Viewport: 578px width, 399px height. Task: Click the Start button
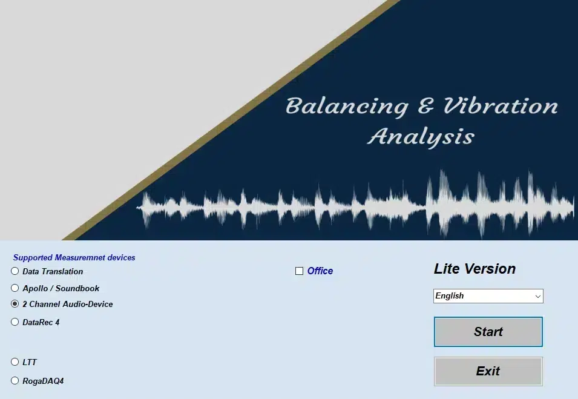pyautogui.click(x=488, y=332)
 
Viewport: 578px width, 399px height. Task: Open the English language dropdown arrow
pyautogui.click(x=538, y=296)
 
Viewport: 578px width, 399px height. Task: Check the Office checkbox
pyautogui.click(x=300, y=271)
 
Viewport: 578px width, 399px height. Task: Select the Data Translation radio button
pyautogui.click(x=15, y=271)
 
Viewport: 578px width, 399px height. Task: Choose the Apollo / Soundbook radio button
pyautogui.click(x=15, y=288)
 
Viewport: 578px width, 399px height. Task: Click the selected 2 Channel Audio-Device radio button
pyautogui.click(x=15, y=304)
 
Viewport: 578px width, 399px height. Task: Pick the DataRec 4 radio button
pyautogui.click(x=15, y=322)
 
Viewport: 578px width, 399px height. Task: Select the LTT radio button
pyautogui.click(x=15, y=361)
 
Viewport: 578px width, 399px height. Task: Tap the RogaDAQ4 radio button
pyautogui.click(x=15, y=381)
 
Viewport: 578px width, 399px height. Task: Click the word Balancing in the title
pyautogui.click(x=347, y=107)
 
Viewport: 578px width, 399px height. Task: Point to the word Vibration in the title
pyautogui.click(x=501, y=105)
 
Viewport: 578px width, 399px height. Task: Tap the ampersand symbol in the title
pyautogui.click(x=425, y=106)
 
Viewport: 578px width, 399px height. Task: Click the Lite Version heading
pyautogui.click(x=475, y=269)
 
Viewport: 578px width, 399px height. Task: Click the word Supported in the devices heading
pyautogui.click(x=33, y=258)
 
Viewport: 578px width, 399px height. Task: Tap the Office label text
pyautogui.click(x=320, y=271)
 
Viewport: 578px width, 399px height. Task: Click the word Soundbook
pyautogui.click(x=77, y=288)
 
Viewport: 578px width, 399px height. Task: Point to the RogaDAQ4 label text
pyautogui.click(x=43, y=381)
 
